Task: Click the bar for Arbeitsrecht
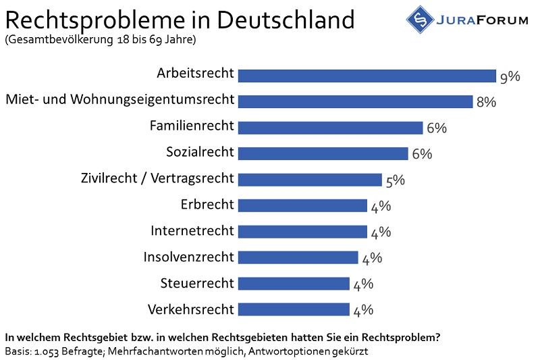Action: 367,75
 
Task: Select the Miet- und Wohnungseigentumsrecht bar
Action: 355,101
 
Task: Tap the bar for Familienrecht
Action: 330,127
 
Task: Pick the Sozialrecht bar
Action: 323,153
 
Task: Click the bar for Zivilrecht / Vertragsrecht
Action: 310,180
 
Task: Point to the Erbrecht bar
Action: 302,205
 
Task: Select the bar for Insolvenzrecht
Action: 298,257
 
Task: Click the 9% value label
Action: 510,76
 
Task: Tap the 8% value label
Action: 486,103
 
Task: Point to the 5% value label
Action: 394,180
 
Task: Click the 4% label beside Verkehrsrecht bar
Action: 362,310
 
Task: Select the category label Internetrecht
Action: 192,231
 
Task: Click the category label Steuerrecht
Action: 197,283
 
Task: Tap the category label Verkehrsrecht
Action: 190,309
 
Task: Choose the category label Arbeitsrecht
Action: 195,73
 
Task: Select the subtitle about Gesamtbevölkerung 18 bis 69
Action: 101,40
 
